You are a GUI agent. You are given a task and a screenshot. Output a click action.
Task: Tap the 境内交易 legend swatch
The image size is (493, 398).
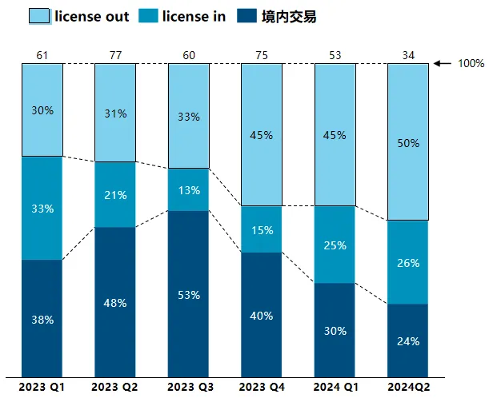click(250, 16)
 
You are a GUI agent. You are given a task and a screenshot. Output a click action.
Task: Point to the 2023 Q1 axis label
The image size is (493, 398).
click(41, 388)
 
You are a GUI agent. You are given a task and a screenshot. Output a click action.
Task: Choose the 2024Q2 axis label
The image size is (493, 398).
click(407, 388)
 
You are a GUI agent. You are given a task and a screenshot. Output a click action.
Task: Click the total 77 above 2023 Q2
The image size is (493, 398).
click(114, 54)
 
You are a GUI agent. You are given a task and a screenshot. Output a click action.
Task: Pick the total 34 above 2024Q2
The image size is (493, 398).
click(408, 54)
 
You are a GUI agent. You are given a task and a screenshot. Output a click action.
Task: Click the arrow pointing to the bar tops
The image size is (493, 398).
click(444, 63)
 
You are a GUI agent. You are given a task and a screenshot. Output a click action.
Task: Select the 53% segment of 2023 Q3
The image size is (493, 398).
click(188, 293)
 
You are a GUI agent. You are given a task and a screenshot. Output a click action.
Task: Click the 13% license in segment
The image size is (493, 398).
click(188, 189)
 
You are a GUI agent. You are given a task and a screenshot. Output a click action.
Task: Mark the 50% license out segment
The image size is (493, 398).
click(408, 142)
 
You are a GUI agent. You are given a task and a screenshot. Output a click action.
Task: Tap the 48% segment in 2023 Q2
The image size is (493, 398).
click(114, 302)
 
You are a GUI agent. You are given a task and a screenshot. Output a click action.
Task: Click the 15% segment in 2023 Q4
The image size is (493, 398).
click(262, 229)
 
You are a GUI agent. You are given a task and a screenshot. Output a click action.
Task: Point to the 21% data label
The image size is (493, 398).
click(114, 195)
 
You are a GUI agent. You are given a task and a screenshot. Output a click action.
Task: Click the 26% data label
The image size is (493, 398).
click(408, 262)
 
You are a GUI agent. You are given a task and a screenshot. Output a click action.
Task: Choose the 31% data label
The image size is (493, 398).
click(114, 113)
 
